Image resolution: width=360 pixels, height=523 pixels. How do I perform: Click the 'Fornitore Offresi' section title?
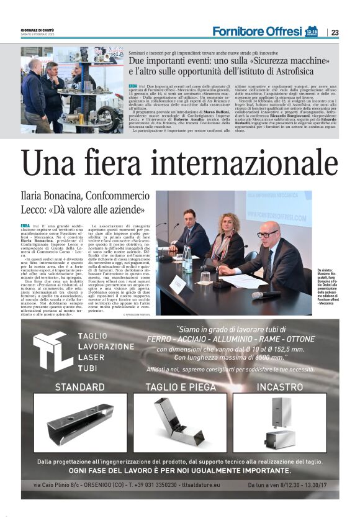tap(257, 31)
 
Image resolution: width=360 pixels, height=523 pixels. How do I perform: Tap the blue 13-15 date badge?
tap(312, 30)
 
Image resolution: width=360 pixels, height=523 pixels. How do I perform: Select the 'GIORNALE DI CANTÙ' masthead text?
tap(38, 29)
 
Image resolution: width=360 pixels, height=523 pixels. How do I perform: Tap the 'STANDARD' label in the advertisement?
tap(80, 387)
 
